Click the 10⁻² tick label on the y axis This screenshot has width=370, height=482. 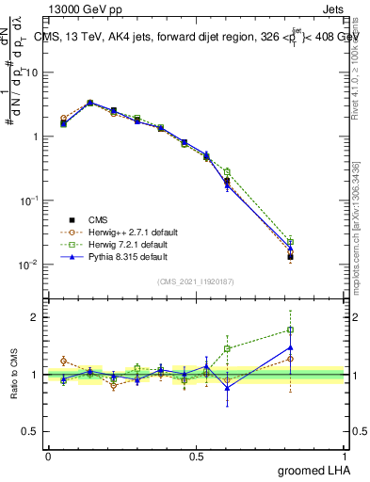click(x=30, y=265)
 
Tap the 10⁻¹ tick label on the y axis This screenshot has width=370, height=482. click(x=30, y=201)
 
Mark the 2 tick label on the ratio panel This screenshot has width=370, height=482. click(x=36, y=317)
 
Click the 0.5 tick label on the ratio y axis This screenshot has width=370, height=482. click(x=31, y=432)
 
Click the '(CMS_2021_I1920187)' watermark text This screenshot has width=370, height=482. click(x=197, y=280)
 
